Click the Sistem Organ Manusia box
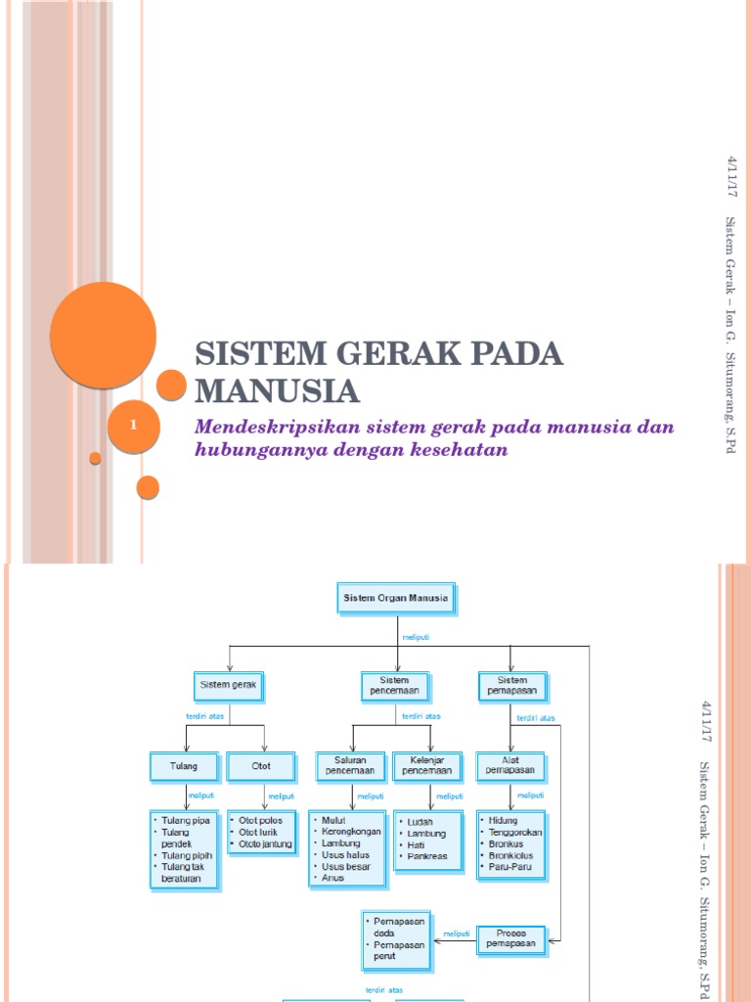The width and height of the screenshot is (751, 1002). click(396, 599)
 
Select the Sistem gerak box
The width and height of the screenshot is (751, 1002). click(228, 685)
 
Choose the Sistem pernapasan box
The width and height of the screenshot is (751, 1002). click(512, 685)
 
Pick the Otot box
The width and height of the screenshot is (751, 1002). click(261, 766)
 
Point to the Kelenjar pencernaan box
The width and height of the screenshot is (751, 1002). click(428, 766)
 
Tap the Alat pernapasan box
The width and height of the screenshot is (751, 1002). click(511, 766)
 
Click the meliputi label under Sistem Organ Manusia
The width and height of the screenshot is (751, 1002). click(416, 636)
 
